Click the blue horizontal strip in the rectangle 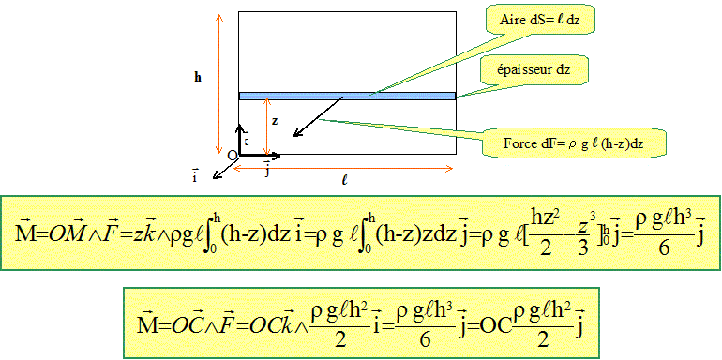[x=347, y=96]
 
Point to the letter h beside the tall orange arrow [x=197, y=77]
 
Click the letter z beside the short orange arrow [x=274, y=121]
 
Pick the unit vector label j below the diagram [x=267, y=170]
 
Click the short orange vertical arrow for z [x=266, y=127]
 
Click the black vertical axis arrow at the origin [x=242, y=139]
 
